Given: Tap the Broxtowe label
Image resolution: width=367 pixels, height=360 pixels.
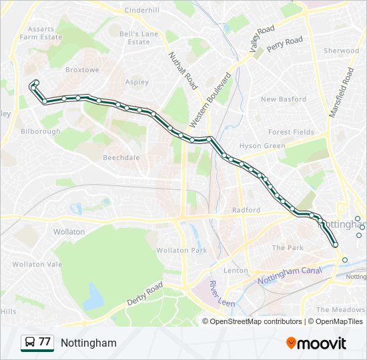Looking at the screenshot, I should tap(82, 69).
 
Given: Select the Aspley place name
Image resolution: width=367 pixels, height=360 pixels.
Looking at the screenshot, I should tap(137, 83).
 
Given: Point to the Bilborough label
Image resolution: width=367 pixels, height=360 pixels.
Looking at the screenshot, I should tap(41, 132).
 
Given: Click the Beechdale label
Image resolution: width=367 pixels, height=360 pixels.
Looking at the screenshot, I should tap(121, 158).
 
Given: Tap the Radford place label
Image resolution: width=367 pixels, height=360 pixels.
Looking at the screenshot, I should tap(246, 210).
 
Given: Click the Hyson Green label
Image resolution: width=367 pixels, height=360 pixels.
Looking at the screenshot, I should tap(262, 146).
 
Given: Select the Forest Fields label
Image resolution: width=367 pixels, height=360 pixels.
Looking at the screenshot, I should tap(291, 132).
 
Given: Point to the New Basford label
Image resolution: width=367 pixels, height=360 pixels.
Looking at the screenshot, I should tap(284, 99).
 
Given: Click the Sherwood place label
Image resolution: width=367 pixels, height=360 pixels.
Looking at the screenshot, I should tap(341, 51).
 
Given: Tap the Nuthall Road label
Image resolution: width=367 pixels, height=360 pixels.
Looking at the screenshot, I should tap(183, 71).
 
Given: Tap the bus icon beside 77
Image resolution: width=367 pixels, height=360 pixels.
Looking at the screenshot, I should tap(29, 343).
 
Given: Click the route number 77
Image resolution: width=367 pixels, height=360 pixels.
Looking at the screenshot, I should tap(45, 342).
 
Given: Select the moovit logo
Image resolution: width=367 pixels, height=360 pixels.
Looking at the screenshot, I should tap(316, 343).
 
